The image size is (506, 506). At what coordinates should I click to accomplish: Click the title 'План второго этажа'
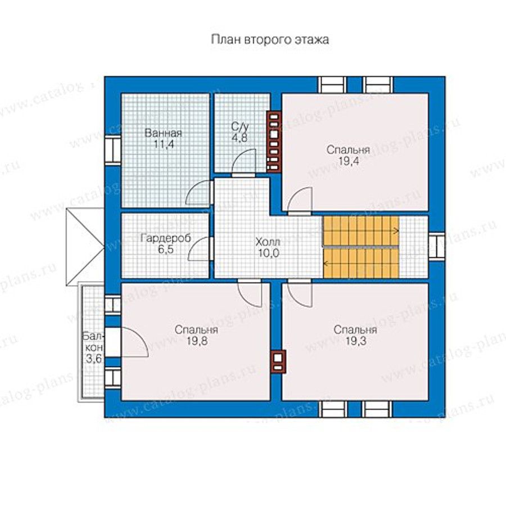(270, 40)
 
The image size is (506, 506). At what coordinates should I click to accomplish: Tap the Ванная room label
(163, 133)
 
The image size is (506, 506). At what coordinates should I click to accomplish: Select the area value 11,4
(164, 144)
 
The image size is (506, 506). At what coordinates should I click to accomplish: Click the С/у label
(240, 126)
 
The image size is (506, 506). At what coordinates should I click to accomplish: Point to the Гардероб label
(166, 238)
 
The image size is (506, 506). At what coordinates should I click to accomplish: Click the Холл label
(268, 242)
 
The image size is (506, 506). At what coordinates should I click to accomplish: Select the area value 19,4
(348, 161)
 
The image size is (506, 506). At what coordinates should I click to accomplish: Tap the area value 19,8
(197, 341)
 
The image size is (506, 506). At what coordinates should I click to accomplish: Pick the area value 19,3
(356, 341)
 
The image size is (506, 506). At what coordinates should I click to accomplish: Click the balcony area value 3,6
(93, 359)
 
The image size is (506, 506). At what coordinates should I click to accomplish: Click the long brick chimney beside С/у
(274, 142)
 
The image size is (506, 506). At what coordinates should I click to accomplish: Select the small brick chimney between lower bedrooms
(278, 362)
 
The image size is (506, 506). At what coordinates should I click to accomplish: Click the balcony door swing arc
(141, 336)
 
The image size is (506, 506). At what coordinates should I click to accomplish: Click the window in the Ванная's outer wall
(113, 150)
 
